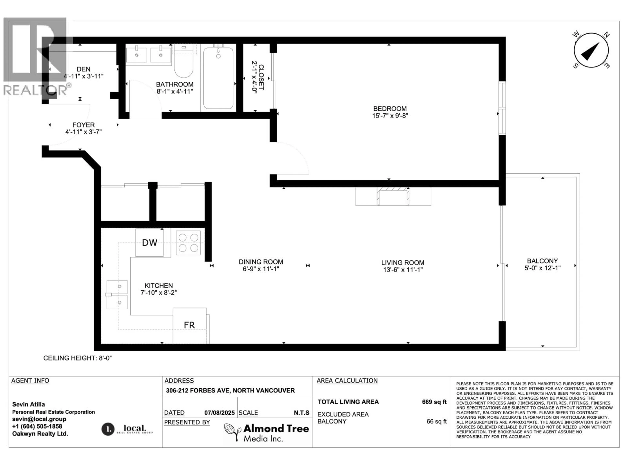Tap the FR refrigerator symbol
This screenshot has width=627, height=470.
click(x=189, y=325)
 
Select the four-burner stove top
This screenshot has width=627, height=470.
click(x=188, y=243)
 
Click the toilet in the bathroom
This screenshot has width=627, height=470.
click(x=184, y=64)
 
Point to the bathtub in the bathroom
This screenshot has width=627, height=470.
click(x=218, y=78)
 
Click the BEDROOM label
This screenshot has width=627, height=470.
click(x=390, y=109)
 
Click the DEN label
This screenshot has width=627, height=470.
click(x=83, y=69)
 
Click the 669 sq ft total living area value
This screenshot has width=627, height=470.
click(x=434, y=402)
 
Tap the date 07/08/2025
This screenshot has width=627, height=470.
click(x=219, y=413)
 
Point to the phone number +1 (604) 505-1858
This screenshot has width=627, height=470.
click(x=37, y=426)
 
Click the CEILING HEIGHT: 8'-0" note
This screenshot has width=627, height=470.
click(x=77, y=358)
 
